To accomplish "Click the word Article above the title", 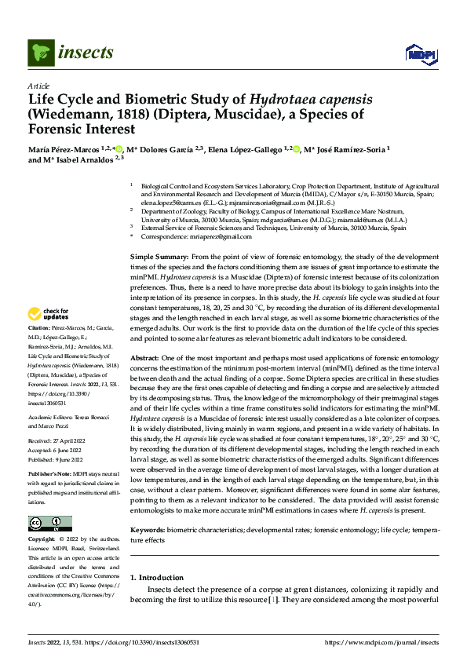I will point(38,86).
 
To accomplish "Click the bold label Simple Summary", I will point(156,257).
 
